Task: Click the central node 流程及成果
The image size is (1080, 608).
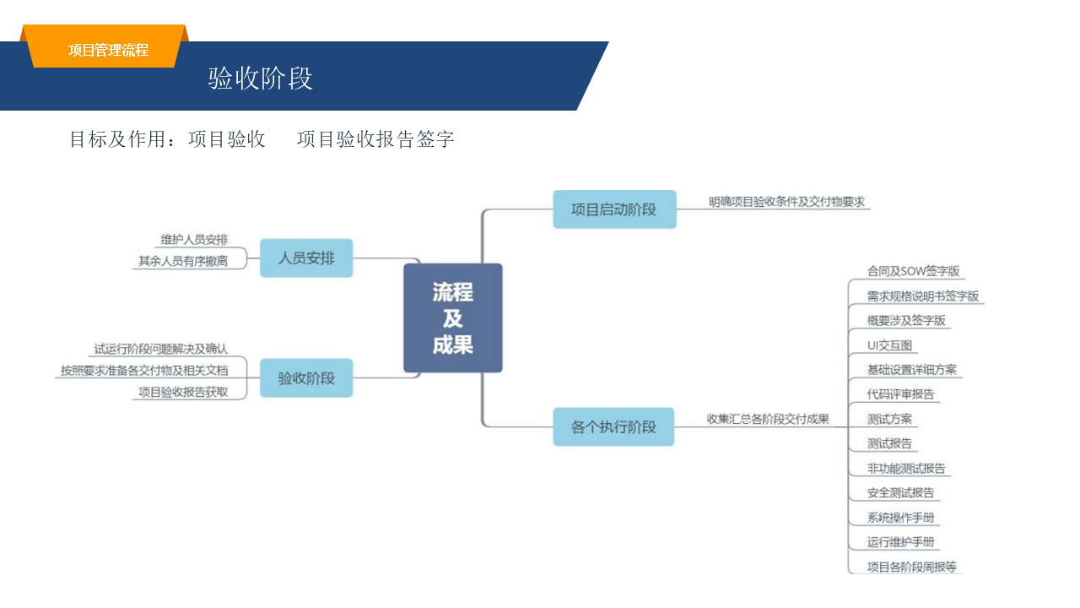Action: [452, 318]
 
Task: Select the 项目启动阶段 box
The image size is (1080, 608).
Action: [614, 209]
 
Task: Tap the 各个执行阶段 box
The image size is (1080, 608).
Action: [613, 426]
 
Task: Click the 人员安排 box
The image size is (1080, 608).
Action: [306, 258]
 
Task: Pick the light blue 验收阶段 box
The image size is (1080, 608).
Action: [306, 378]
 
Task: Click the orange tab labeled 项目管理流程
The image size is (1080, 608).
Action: [108, 50]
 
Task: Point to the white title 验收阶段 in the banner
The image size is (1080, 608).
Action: [261, 79]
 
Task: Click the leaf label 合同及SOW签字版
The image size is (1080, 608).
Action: [913, 272]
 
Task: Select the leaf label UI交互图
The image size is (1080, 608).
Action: [889, 345]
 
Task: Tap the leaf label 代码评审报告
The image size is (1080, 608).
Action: [900, 394]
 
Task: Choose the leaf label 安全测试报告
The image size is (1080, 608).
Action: [900, 493]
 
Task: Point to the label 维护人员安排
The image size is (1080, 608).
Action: [194, 240]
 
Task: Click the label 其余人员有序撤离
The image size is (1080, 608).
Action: [183, 262]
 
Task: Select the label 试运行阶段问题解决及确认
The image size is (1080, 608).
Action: [160, 349]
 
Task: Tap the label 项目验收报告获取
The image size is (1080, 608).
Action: [183, 392]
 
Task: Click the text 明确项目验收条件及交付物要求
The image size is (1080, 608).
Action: [786, 203]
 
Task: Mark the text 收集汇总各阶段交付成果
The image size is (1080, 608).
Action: [768, 419]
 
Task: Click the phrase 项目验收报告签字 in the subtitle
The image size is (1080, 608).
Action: [375, 139]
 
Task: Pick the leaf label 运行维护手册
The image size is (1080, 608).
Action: [900, 542]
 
